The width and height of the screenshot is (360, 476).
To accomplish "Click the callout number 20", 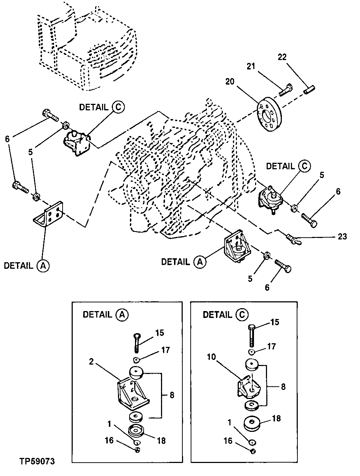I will pos(230,82).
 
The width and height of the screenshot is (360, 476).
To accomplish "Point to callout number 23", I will pos(342,237).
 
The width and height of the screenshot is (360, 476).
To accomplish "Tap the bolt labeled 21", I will pos(285,90).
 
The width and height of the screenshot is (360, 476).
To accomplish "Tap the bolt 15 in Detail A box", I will pos(137,342).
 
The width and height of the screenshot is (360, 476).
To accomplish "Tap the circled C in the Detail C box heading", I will pos(242,315).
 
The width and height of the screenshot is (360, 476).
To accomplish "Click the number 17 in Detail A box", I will pos(166,350).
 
